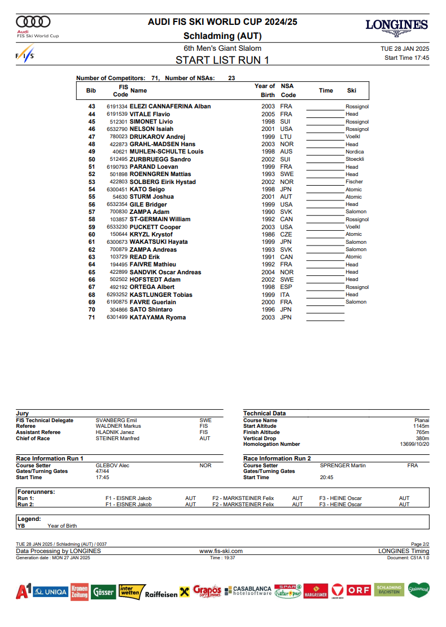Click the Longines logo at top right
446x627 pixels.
click(x=396, y=26)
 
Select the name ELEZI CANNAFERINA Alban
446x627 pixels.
click(x=170, y=107)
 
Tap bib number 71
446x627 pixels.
click(x=91, y=317)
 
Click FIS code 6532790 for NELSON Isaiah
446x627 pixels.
click(x=117, y=129)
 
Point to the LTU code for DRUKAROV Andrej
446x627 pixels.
click(x=286, y=137)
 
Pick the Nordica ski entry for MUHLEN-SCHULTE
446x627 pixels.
click(x=355, y=152)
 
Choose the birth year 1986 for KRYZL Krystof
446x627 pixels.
click(x=268, y=234)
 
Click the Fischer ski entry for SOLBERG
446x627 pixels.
click(x=354, y=182)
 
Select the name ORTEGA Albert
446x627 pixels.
click(x=152, y=287)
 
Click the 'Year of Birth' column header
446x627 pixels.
click(x=264, y=90)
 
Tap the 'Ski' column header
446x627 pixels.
click(x=351, y=90)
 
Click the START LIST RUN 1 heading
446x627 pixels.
click(x=222, y=60)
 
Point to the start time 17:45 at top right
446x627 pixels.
click(x=406, y=58)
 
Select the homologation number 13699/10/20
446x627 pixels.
click(x=414, y=444)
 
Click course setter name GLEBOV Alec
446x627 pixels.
click(x=112, y=466)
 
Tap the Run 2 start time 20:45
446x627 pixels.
click(x=326, y=477)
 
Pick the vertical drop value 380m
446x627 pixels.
click(x=422, y=439)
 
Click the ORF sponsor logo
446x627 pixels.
click(x=358, y=590)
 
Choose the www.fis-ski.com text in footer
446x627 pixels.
click(x=221, y=551)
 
